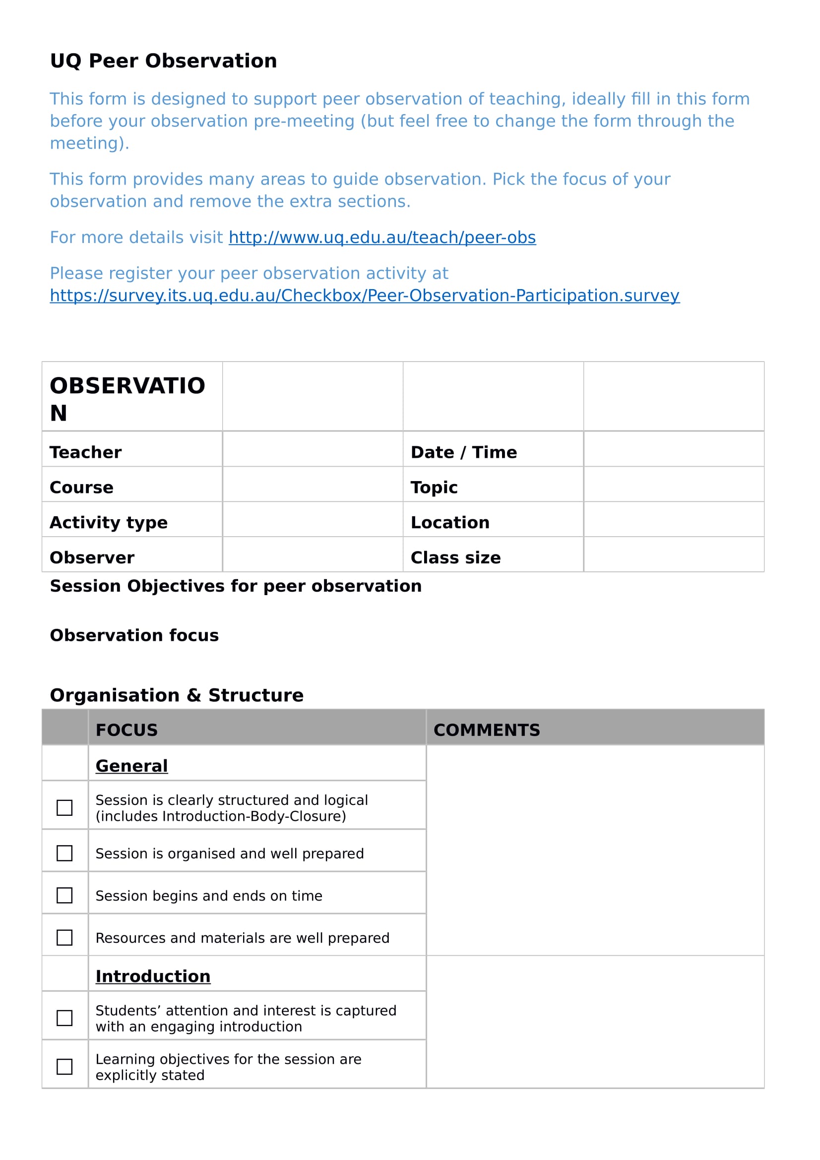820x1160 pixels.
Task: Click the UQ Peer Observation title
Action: pos(163,61)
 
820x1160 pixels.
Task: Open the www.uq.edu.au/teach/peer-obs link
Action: pos(382,238)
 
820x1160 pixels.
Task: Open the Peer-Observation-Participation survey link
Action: pos(364,296)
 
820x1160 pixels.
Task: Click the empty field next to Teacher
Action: pos(312,449)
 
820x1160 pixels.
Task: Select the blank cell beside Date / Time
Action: pos(674,449)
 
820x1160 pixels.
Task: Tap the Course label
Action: pos(81,488)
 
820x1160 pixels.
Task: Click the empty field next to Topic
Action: pos(674,484)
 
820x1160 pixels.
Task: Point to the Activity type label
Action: pos(109,522)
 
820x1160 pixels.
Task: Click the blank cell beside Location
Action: pos(674,519)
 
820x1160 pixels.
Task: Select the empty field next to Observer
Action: pos(312,554)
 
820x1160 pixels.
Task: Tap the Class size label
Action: pos(455,558)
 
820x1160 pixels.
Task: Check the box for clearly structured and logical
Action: pos(64,808)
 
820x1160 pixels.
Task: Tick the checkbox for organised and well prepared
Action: pos(64,854)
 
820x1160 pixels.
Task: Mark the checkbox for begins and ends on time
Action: pos(64,896)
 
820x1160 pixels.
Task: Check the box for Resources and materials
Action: pos(64,938)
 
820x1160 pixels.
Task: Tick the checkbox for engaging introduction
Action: pos(64,1018)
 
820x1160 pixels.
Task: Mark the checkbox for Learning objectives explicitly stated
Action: pos(64,1067)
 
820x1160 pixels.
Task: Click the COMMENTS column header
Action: pos(487,730)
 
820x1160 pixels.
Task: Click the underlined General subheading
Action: pos(131,766)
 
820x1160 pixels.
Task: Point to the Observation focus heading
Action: pos(134,635)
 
